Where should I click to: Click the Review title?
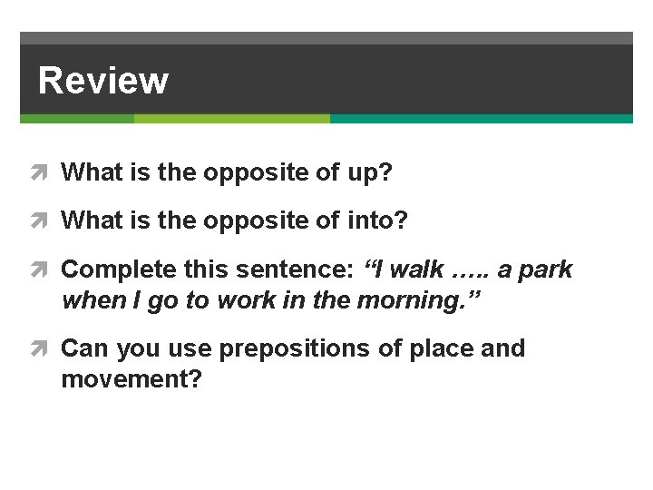tap(102, 80)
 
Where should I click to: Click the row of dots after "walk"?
tap(469, 271)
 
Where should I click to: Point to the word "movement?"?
tap(131, 378)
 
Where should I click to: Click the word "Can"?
tap(82, 348)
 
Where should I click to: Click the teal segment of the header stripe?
tap(481, 119)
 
